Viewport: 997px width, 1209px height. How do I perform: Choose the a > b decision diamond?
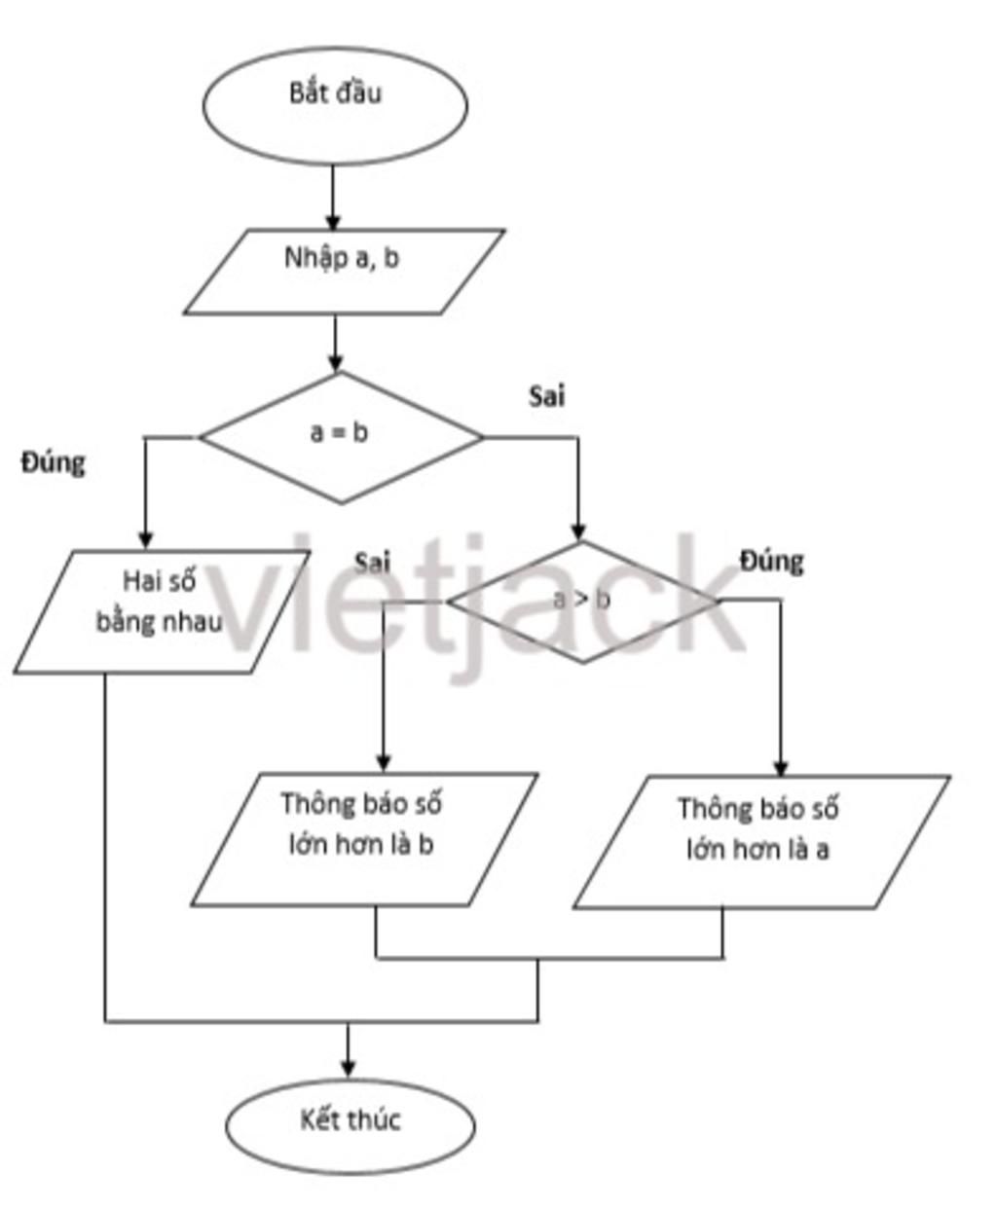click(x=582, y=602)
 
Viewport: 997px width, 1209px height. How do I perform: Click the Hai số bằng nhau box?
click(x=161, y=611)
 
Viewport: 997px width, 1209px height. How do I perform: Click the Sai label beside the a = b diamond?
click(x=547, y=396)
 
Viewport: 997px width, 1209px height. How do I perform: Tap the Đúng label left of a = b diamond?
click(x=54, y=462)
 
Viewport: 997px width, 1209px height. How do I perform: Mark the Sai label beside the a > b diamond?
click(x=372, y=562)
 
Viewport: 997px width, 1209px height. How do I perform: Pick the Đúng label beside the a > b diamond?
click(x=772, y=561)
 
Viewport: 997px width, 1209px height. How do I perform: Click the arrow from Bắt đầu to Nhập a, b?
click(x=333, y=198)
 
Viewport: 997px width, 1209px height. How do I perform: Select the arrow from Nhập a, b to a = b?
click(x=336, y=343)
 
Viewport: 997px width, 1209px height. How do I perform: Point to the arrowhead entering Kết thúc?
click(x=348, y=1068)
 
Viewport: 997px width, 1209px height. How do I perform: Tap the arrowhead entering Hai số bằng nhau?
click(x=145, y=539)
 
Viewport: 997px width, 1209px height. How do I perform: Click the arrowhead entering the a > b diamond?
click(x=578, y=532)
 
